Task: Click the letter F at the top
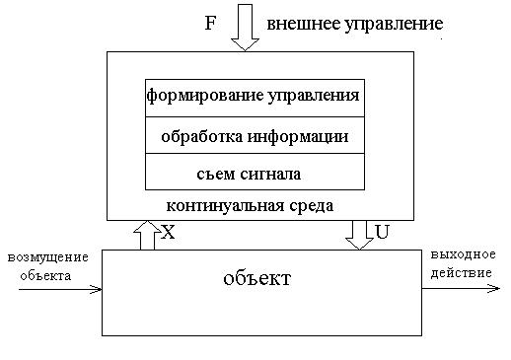point(210,22)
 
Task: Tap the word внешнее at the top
point(298,22)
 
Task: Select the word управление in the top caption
point(385,22)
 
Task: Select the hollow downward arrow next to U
point(360,234)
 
